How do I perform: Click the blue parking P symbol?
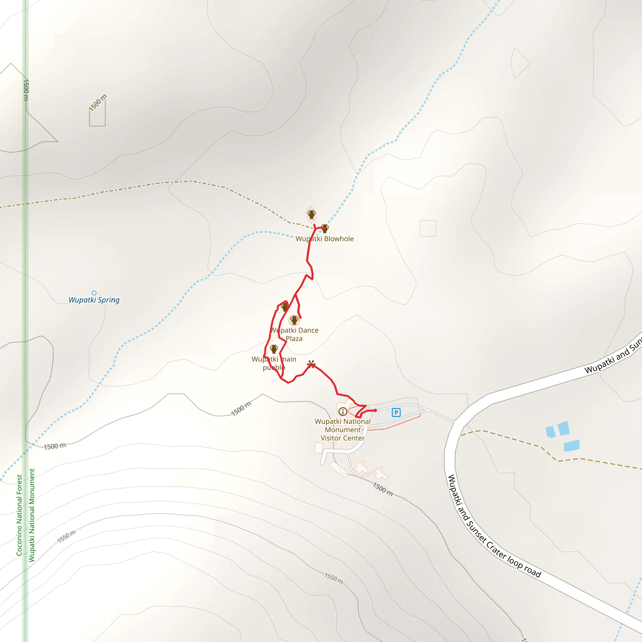coord(396,413)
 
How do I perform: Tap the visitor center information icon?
coord(343,412)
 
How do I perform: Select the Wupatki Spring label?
coord(94,300)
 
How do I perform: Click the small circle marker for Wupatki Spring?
coord(94,293)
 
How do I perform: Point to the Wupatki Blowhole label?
coord(324,239)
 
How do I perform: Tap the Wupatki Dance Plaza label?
coord(294,334)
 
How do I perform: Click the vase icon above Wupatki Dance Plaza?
coord(294,320)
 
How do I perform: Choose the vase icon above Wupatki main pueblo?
coord(274,349)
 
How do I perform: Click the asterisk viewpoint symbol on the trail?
coord(311,364)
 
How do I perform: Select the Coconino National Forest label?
coord(19,515)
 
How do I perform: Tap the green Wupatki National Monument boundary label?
coord(32,515)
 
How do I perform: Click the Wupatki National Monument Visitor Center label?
coord(343,430)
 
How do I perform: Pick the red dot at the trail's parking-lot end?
coord(375,410)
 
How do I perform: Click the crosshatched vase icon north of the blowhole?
coord(311,214)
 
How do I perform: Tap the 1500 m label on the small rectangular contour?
coord(98,103)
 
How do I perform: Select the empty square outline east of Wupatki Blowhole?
coord(428,228)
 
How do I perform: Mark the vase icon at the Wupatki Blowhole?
coord(325,228)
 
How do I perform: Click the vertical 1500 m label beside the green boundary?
coord(26,90)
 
